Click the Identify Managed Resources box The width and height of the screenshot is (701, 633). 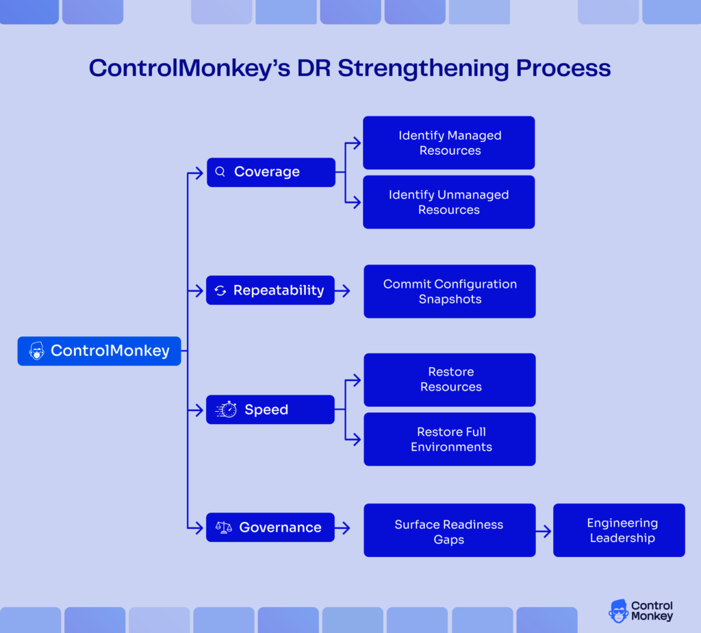tap(448, 142)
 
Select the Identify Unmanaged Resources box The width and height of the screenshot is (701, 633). tap(448, 202)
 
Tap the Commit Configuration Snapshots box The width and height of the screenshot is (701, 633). tap(449, 291)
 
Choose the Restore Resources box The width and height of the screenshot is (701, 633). tap(449, 380)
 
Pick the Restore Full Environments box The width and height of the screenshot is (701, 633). tap(449, 439)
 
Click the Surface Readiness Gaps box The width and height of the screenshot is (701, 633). tap(449, 531)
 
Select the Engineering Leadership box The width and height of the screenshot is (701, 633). tap(619, 530)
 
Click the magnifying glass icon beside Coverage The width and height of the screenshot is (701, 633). tap(220, 172)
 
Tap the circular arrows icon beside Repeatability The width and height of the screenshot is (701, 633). tap(220, 290)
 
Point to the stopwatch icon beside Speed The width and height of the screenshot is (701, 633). tap(227, 410)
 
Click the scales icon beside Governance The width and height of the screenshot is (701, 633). tap(224, 527)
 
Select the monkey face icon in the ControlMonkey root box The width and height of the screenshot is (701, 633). tap(36, 351)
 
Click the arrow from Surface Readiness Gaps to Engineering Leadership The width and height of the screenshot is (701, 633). tap(544, 531)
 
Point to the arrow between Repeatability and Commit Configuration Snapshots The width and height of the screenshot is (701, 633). tap(342, 290)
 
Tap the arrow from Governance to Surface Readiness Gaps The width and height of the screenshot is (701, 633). tap(342, 527)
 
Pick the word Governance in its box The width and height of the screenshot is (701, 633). tap(280, 527)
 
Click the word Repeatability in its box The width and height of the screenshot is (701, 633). tap(279, 290)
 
